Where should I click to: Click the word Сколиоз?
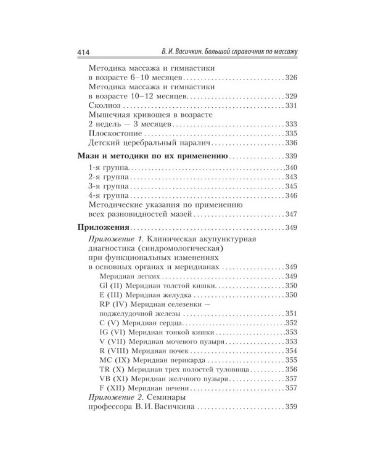click(x=107, y=107)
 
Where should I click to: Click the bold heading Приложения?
click(x=102, y=229)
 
